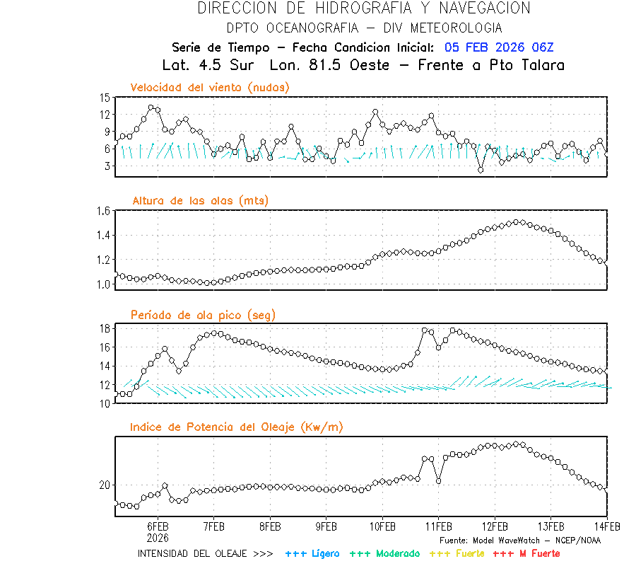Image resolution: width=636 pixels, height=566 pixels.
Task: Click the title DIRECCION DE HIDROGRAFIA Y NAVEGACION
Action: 364,8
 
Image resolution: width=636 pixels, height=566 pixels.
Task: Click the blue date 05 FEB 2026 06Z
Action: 499,47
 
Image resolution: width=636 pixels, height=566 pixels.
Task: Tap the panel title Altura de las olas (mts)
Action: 201,201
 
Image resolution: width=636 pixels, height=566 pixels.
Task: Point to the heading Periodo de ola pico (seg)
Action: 203,315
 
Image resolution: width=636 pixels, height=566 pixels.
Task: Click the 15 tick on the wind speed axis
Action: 105,98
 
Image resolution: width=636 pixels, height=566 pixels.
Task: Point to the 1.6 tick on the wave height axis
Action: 102,211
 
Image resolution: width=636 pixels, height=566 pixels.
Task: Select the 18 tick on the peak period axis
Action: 105,328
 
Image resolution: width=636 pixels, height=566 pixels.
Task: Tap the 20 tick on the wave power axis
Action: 105,485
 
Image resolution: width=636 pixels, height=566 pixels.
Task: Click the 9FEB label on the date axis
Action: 326,527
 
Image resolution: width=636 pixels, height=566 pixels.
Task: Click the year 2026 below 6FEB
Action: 158,537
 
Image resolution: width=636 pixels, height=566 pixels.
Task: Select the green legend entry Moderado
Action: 384,553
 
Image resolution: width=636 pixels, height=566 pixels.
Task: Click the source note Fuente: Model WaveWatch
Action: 519,540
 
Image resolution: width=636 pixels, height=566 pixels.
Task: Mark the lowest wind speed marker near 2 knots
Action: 481,170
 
